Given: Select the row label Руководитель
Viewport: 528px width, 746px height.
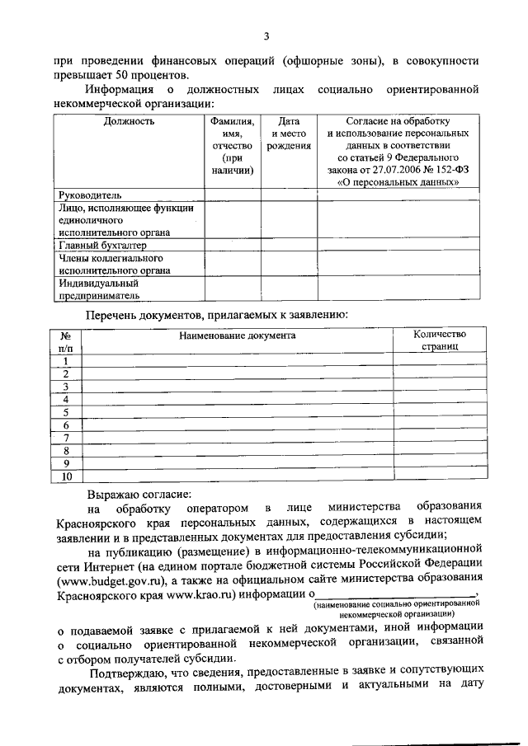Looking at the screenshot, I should pos(91,195).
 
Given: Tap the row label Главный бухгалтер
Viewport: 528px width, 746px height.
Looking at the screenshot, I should pos(101,246).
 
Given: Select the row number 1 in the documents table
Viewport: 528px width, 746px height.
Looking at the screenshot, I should pos(65,360).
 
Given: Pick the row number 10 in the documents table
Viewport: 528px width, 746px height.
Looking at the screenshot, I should pos(65,476).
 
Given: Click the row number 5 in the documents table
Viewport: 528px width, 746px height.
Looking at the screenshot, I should pos(65,412).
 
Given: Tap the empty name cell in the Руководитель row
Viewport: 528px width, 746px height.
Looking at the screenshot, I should pos(233,195).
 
